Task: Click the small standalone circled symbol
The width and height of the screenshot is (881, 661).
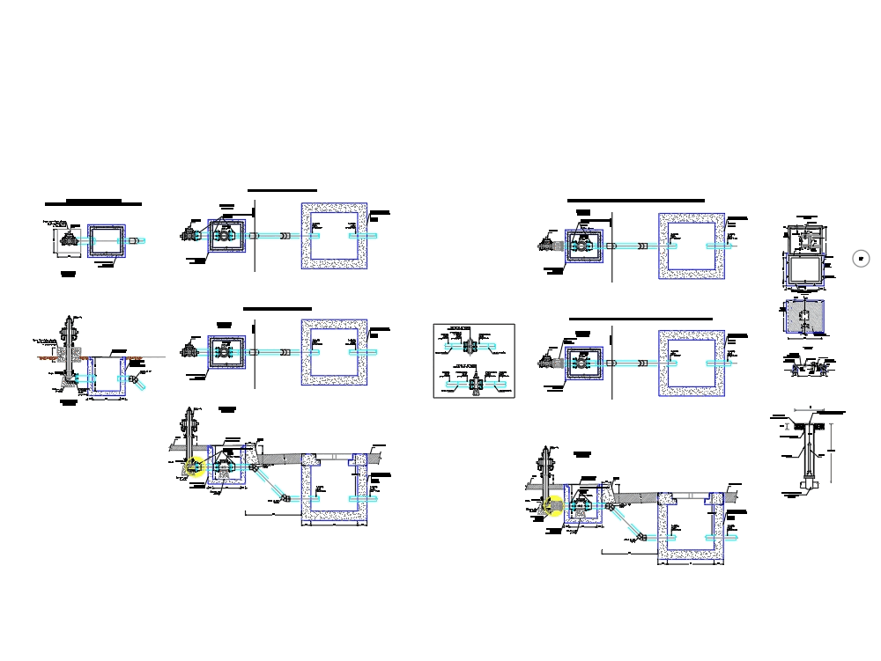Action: coord(862,258)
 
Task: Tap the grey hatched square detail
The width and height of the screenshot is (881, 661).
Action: coord(805,318)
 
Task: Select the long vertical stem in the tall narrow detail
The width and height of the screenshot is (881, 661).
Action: coord(805,453)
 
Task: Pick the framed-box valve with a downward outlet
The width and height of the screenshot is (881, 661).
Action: coord(476,380)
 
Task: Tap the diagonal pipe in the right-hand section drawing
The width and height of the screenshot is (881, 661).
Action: coord(627,522)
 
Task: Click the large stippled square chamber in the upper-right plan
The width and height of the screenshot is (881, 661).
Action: coord(692,246)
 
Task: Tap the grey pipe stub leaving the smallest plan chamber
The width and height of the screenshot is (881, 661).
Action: coord(136,240)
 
